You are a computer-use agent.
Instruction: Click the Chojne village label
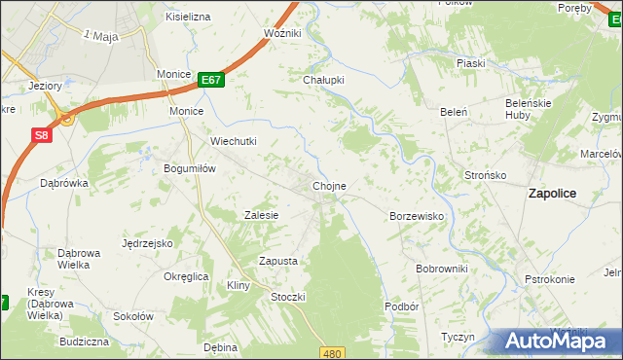click(329, 185)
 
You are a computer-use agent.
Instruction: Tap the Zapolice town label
click(552, 193)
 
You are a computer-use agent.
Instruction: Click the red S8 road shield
click(40, 137)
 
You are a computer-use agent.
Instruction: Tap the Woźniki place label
click(283, 33)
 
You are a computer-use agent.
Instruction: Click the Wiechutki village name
click(234, 141)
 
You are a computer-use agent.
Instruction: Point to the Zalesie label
click(262, 215)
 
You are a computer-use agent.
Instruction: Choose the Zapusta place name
click(277, 261)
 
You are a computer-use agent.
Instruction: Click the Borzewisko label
click(417, 216)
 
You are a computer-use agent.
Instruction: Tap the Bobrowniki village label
click(442, 268)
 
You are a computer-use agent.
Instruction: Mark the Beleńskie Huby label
click(530, 108)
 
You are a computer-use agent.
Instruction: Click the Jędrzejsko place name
click(148, 243)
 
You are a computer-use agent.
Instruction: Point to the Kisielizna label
click(189, 17)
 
